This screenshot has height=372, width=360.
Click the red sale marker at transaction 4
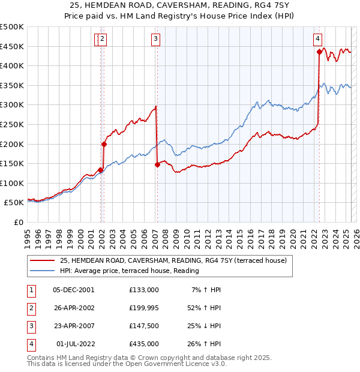pos(319,52)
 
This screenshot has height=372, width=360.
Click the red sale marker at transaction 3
pos(157,164)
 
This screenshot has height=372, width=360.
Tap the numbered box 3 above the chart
pos(155,40)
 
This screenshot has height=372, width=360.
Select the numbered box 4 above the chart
pos(317,40)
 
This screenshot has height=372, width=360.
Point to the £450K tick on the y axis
pos(12,46)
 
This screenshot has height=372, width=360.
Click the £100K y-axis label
pos(12,183)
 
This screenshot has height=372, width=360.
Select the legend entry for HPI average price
pos(129,271)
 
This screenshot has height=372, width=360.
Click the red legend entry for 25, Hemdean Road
pos(173,260)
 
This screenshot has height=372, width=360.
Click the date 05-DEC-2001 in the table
pos(73,290)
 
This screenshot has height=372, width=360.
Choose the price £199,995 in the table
pos(144,308)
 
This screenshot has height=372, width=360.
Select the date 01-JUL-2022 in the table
pos(73,344)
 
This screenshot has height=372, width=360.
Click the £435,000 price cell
pos(144,344)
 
